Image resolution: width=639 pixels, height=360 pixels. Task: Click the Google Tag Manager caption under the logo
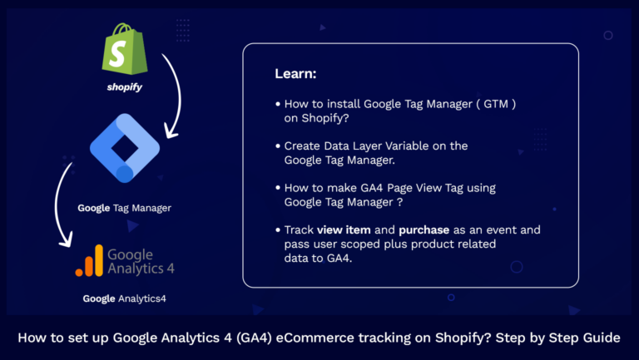[x=124, y=208]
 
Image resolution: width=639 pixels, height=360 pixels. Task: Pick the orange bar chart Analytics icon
[x=89, y=260]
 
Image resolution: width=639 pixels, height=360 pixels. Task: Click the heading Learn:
[x=295, y=75]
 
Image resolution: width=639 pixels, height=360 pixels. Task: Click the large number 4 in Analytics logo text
[x=169, y=267]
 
